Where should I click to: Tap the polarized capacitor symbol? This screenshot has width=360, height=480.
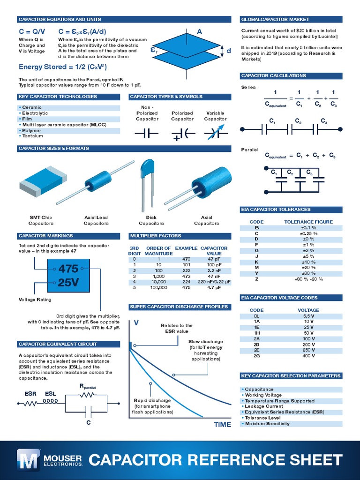pyautogui.click(x=182, y=134)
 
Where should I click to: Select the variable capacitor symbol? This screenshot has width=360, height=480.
pyautogui.click(x=215, y=134)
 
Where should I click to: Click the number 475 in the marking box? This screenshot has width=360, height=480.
pyautogui.click(x=68, y=269)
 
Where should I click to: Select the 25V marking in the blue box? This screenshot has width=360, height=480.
pyautogui.click(x=68, y=283)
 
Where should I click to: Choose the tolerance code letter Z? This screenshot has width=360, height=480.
pyautogui.click(x=256, y=279)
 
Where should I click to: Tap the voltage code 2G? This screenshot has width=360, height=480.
pyautogui.click(x=256, y=356)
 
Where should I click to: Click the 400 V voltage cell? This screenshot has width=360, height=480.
pyautogui.click(x=308, y=356)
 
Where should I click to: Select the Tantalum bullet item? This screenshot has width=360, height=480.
pyautogui.click(x=33, y=136)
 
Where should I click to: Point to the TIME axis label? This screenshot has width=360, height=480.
pyautogui.click(x=222, y=424)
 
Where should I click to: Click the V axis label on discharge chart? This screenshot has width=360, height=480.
pyautogui.click(x=136, y=323)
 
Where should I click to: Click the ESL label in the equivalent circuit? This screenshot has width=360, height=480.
pyautogui.click(x=51, y=394)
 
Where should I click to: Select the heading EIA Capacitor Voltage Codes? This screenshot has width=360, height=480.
pyautogui.click(x=279, y=298)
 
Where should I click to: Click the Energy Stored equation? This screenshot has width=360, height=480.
pyautogui.click(x=64, y=67)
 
